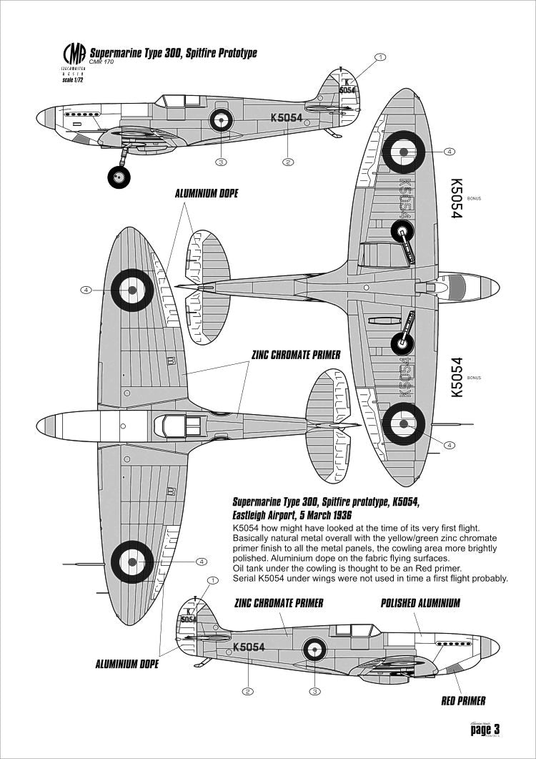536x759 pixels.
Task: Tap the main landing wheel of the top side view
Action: coord(119,176)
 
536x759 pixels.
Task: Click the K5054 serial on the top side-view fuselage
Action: coord(286,118)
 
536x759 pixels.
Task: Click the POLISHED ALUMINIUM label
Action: coord(420,603)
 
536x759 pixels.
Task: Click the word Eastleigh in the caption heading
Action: coord(255,515)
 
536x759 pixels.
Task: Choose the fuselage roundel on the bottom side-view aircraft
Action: coord(314,650)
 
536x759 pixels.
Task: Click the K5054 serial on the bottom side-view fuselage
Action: coord(249,647)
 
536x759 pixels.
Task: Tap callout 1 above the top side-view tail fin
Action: coord(381,57)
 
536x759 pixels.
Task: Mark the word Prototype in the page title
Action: coord(231,54)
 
